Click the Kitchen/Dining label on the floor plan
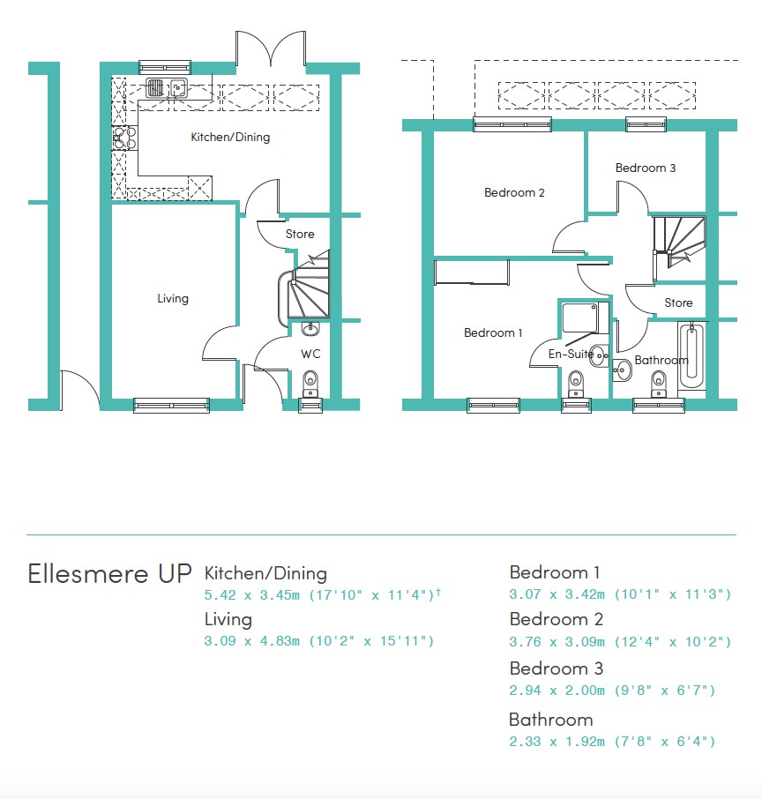(230, 137)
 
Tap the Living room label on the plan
(173, 299)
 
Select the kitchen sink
(167, 87)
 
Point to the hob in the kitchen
(125, 138)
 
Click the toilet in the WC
(310, 384)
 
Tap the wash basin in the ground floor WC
(310, 329)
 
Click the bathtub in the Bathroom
(691, 355)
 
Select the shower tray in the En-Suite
(580, 318)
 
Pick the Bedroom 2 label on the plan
(514, 192)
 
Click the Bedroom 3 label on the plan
(646, 168)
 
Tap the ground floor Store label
(300, 234)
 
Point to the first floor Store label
(678, 302)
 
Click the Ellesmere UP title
(109, 574)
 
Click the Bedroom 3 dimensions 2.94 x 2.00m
(557, 691)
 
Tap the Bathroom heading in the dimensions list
(551, 720)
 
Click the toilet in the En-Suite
(576, 384)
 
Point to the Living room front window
(171, 405)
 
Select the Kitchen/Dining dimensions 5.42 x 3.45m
(251, 594)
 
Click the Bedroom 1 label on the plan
(493, 332)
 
